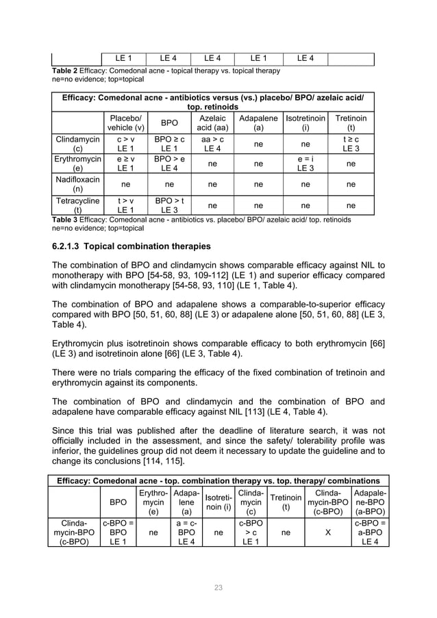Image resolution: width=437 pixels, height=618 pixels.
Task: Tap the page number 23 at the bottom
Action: click(218, 587)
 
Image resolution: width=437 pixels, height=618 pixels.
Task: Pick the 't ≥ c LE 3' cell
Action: click(351, 144)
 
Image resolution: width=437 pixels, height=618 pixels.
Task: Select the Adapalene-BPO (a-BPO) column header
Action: click(369, 502)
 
